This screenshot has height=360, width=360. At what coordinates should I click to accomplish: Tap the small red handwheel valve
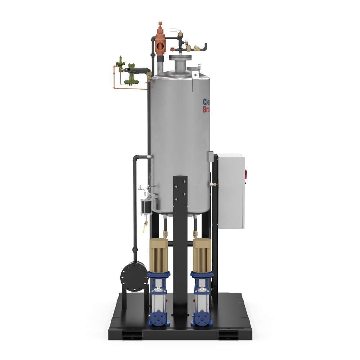coord(172,49)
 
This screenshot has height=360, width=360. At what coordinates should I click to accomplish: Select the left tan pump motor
coord(159,255)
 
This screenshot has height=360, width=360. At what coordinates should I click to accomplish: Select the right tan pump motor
coord(202,255)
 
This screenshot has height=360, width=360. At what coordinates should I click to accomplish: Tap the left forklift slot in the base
coord(132,334)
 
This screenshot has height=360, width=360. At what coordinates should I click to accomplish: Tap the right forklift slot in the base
coord(228,334)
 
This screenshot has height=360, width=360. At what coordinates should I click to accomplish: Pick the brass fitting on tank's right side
coord(213,185)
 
